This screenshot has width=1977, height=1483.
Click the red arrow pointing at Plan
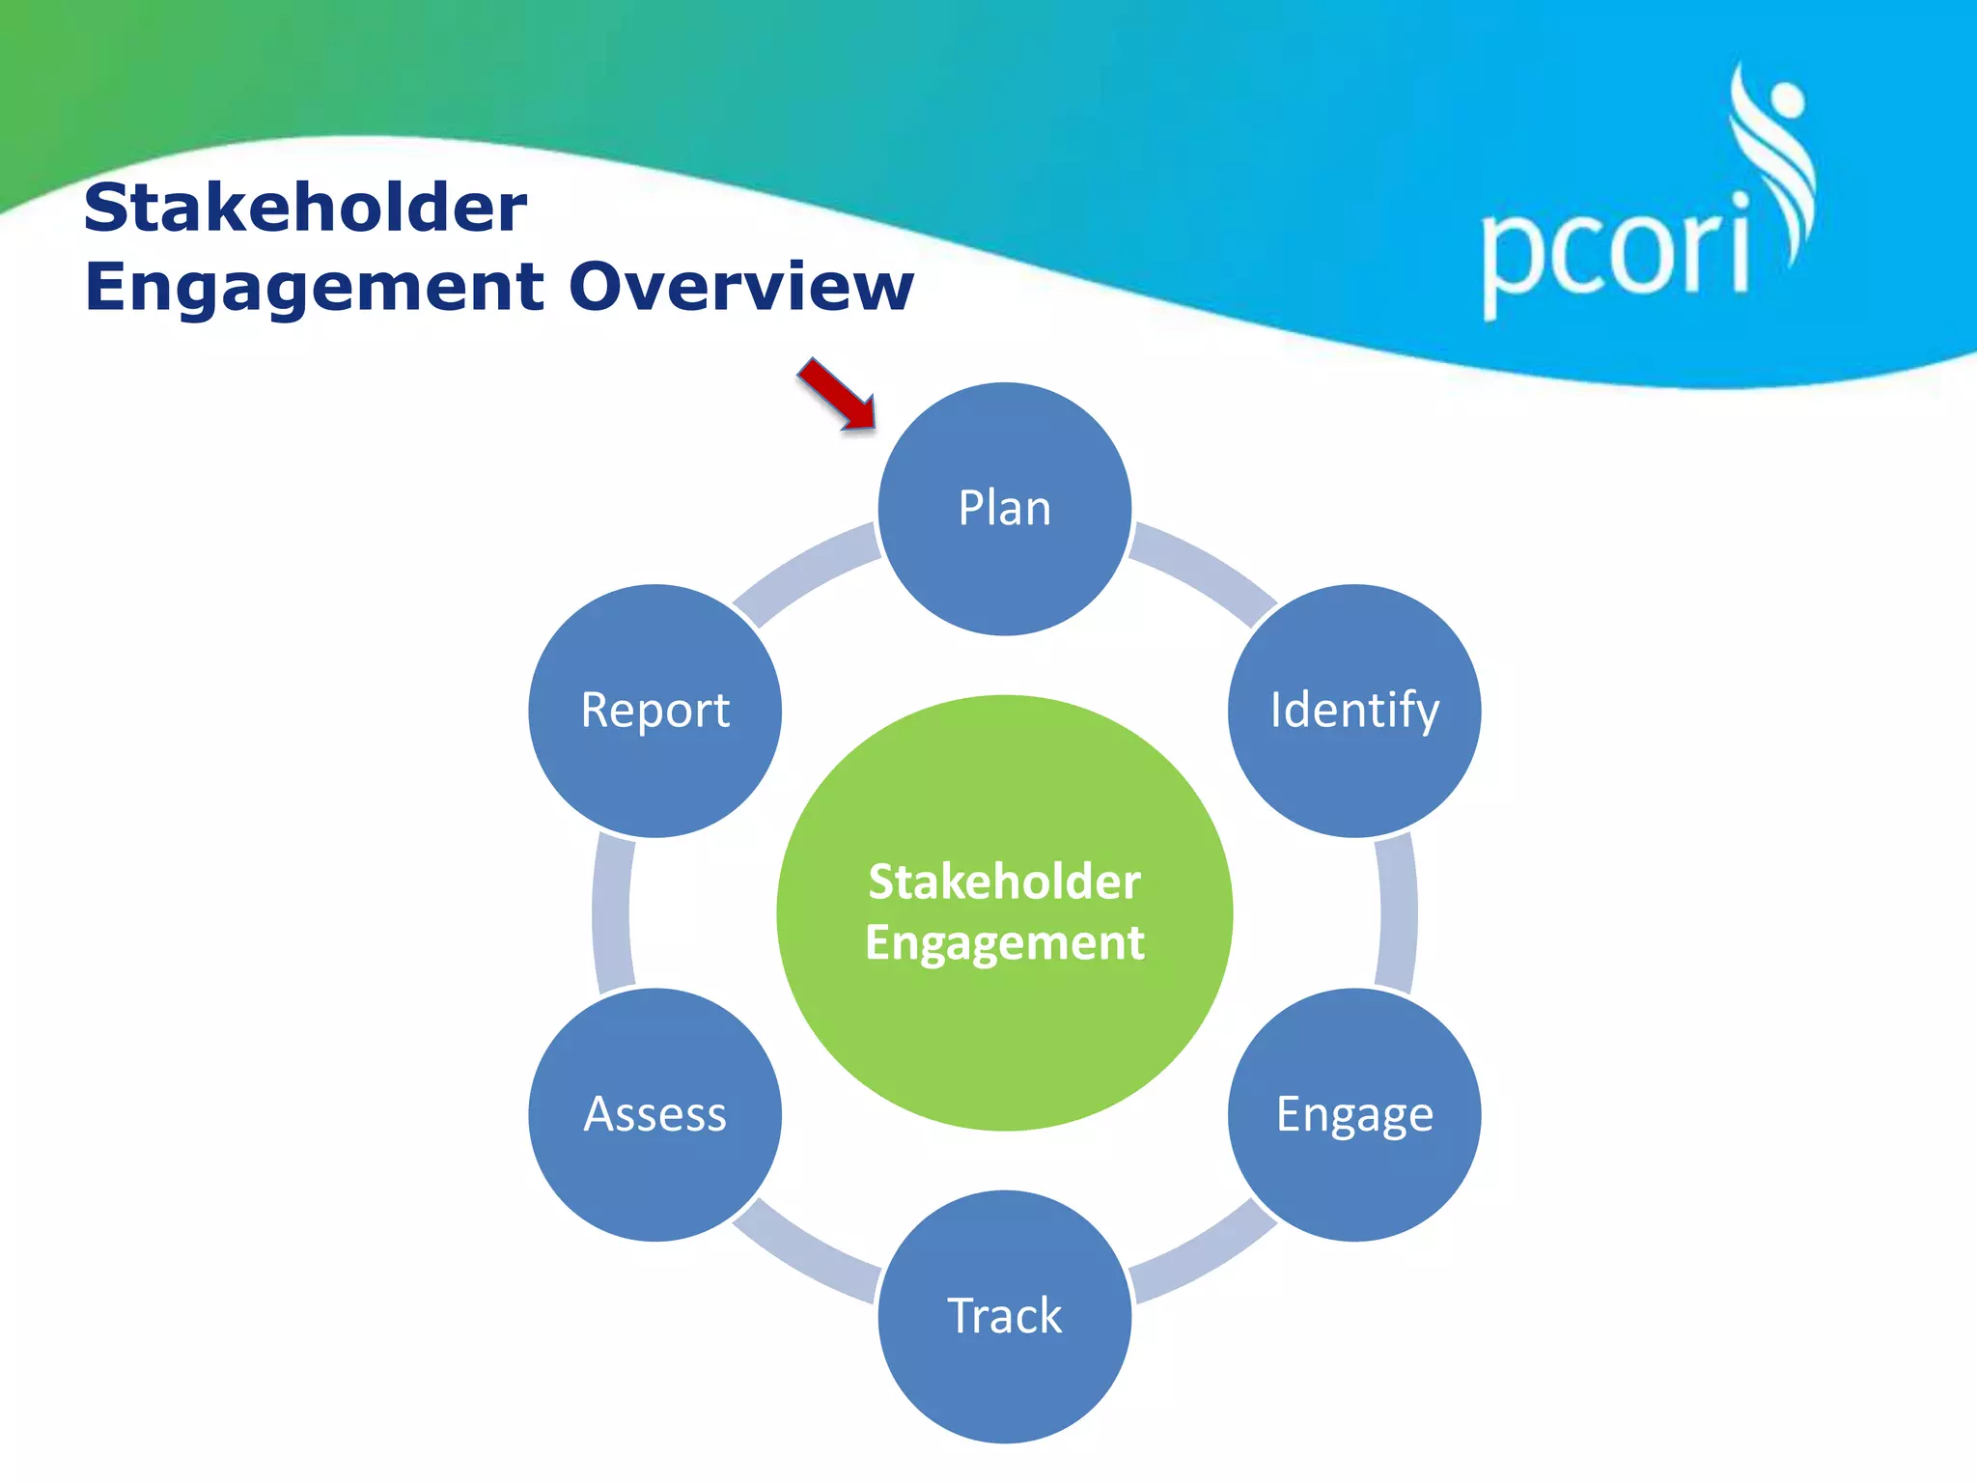tap(836, 393)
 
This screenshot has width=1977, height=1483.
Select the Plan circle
tap(1004, 509)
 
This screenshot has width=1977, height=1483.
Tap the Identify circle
tap(1353, 711)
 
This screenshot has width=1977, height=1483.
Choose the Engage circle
tap(1353, 1114)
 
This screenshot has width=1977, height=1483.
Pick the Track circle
tap(1004, 1316)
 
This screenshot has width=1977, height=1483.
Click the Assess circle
tap(654, 1114)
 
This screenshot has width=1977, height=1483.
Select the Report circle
tap(654, 711)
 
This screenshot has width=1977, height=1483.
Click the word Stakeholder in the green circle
tap(1004, 881)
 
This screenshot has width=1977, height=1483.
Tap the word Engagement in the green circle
tap(1004, 942)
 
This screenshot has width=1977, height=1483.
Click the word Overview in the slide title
tap(740, 287)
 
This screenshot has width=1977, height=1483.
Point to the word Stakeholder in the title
tap(305, 208)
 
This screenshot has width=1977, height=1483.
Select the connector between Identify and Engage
tap(1396, 912)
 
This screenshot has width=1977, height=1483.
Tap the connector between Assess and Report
tap(612, 912)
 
